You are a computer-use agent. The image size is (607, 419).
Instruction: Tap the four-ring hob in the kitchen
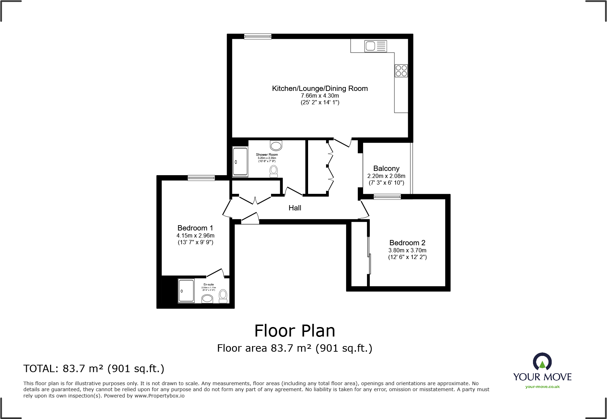click(401, 70)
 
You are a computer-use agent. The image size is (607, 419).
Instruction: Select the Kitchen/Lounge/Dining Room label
click(320, 88)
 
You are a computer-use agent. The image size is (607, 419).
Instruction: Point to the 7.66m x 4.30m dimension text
click(320, 95)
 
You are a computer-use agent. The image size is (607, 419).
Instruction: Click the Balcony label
click(386, 168)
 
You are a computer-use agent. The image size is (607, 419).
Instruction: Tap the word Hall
click(295, 208)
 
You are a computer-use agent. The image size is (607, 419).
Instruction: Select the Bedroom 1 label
click(195, 228)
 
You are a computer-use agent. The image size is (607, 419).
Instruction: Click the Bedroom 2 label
click(407, 243)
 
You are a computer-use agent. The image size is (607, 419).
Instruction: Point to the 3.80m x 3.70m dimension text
click(407, 250)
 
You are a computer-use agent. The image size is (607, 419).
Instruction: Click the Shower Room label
click(267, 155)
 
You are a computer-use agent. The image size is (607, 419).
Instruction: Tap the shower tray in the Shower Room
click(240, 162)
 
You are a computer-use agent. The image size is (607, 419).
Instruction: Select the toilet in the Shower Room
click(274, 171)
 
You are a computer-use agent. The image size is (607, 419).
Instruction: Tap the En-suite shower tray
click(186, 291)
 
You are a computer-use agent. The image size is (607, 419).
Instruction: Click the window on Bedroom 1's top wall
click(201, 178)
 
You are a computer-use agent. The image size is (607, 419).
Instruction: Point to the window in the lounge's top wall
click(258, 36)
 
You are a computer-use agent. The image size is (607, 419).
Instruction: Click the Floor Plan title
click(295, 331)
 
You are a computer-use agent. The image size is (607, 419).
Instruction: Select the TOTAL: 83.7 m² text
click(94, 369)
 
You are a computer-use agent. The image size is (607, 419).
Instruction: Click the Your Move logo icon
click(542, 362)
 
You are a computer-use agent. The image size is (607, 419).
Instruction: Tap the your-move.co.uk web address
click(542, 387)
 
